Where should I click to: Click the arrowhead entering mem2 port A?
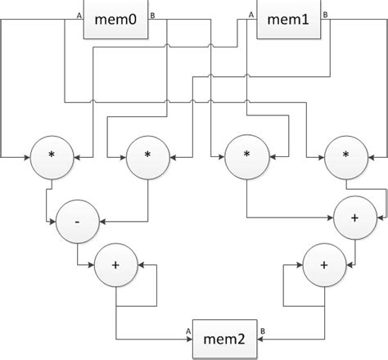[189, 340]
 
